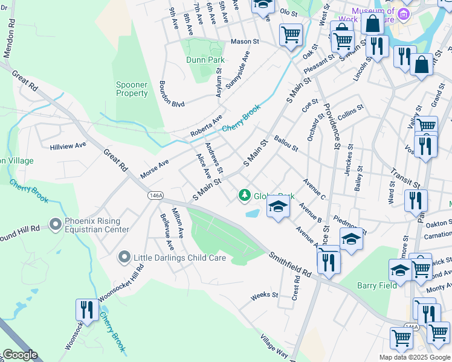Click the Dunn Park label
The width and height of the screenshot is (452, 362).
click(206, 60)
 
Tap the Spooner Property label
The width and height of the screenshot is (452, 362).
click(132, 89)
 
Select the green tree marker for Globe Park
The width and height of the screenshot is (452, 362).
click(244, 195)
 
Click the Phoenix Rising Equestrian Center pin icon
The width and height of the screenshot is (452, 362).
click(56, 224)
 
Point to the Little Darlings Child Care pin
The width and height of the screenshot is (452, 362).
click(124, 258)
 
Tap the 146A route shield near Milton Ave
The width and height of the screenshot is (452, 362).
click(155, 196)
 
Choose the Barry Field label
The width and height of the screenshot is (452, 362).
click(377, 285)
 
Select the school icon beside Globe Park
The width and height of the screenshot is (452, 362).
click(277, 207)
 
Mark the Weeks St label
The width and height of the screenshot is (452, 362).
click(264, 296)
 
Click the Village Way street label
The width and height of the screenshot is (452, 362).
click(275, 346)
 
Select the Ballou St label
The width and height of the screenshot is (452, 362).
click(286, 144)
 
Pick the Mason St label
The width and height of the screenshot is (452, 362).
click(245, 42)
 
